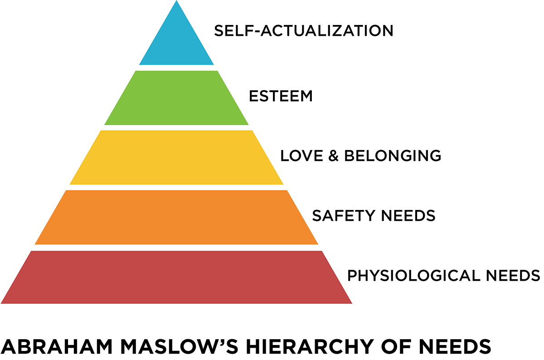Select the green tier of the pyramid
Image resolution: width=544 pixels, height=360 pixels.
pos(176,98)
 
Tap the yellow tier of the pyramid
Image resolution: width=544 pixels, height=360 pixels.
pos(176,157)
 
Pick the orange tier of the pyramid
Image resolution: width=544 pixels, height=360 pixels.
pos(176,217)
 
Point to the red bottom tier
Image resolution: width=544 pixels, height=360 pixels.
pos(176,277)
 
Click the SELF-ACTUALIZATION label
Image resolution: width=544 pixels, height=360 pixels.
pos(303,31)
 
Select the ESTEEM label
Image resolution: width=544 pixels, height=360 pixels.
pos(281,96)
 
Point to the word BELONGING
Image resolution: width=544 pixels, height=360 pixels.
pos(393,156)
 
